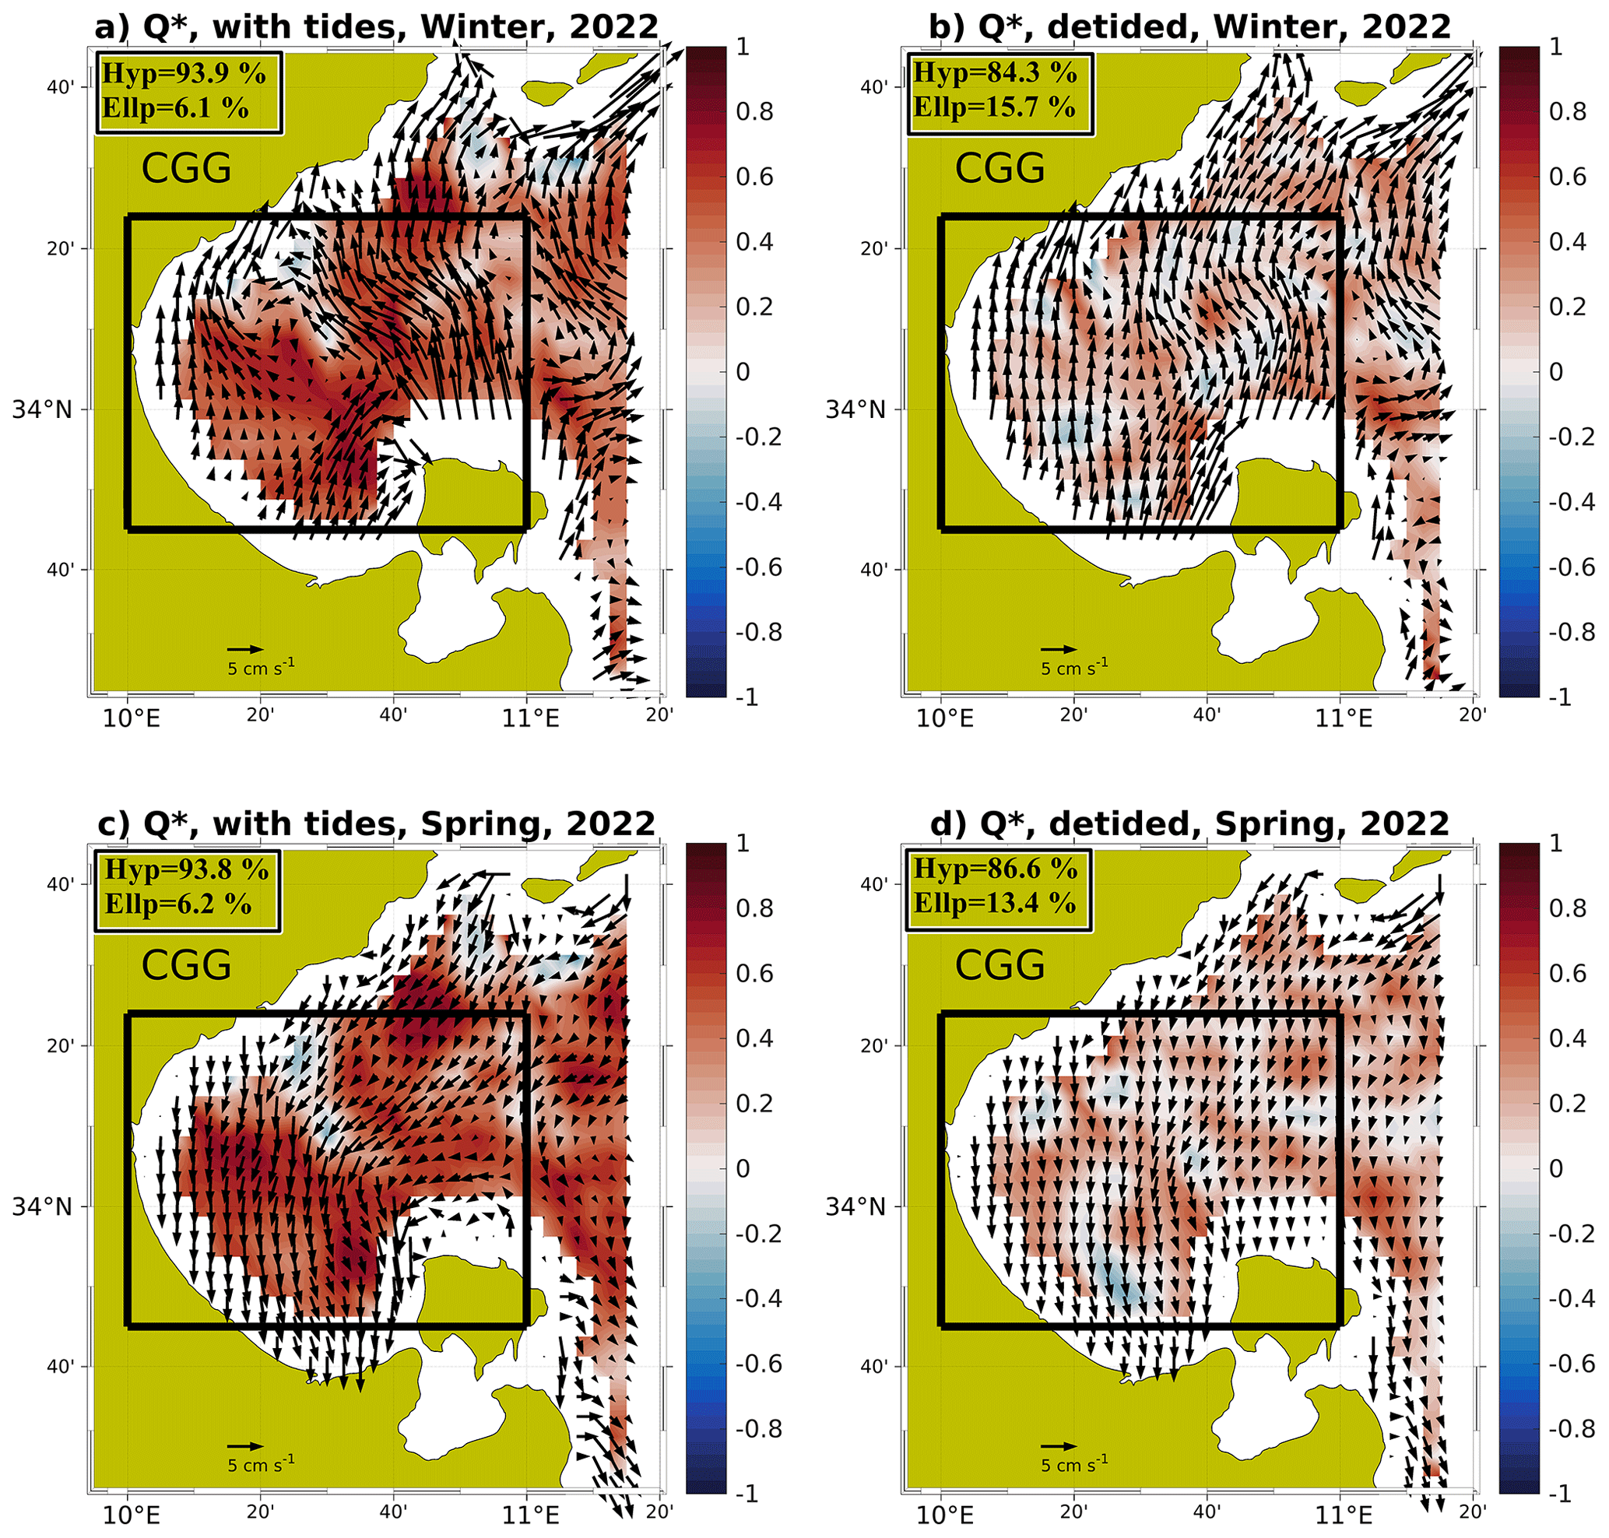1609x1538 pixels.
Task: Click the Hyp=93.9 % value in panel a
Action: tap(184, 74)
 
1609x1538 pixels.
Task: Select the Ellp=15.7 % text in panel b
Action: tap(994, 107)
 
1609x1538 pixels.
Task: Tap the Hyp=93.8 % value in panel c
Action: tap(186, 870)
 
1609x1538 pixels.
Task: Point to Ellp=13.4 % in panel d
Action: tap(994, 904)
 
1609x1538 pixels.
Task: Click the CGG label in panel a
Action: tap(186, 169)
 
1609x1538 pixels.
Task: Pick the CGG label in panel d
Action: tap(999, 966)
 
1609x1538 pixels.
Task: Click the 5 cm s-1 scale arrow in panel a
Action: tap(244, 649)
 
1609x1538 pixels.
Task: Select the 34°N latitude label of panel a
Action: tap(42, 409)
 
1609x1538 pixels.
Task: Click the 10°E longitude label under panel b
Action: tap(945, 719)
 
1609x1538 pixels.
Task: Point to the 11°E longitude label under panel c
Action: tap(531, 1515)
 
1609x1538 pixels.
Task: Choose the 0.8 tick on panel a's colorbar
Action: tap(754, 111)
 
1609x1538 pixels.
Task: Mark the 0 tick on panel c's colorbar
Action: tap(743, 1168)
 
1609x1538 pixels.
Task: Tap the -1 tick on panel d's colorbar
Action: tap(1563, 1494)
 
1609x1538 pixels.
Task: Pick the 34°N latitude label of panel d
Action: tap(855, 1206)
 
